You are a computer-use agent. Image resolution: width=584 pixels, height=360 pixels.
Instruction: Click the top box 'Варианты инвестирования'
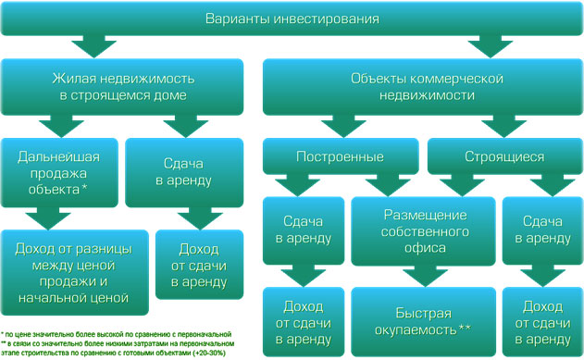292,19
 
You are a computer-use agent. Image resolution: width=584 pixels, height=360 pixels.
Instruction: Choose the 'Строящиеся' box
503,156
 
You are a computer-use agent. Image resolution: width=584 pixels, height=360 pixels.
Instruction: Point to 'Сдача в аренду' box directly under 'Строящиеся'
541,230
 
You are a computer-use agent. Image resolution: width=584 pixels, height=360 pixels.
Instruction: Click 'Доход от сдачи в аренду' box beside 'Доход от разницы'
192,265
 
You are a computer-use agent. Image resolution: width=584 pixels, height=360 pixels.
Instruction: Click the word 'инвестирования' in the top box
331,19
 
